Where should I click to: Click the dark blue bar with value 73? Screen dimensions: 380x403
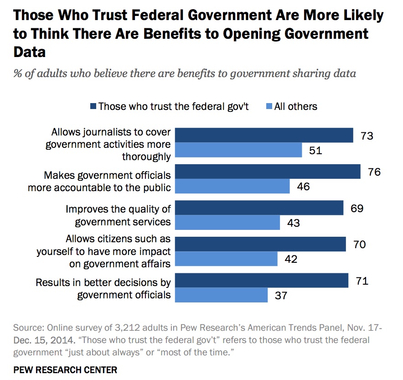(x=264, y=135)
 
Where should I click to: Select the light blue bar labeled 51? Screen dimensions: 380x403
(x=239, y=150)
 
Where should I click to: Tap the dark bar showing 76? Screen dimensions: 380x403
(x=268, y=172)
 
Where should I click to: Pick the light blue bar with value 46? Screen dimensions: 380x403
(x=232, y=186)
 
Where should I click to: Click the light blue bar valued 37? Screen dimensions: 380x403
(x=222, y=295)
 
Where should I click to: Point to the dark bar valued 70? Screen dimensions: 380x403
(x=261, y=244)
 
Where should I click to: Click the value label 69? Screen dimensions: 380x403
(x=357, y=208)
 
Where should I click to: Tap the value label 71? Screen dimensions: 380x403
(x=362, y=281)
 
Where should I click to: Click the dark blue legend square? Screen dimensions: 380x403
(x=93, y=106)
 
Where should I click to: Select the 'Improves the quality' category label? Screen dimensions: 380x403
(x=118, y=215)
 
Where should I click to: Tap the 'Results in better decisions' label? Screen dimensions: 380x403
(x=103, y=288)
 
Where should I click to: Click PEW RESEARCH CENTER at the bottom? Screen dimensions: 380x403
(x=65, y=370)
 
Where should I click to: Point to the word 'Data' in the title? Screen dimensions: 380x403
(x=30, y=52)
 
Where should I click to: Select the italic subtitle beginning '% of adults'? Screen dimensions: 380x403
(x=185, y=74)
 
